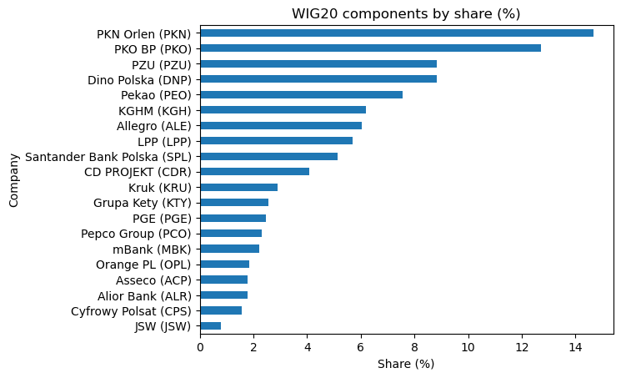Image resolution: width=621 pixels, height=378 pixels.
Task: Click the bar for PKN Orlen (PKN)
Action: [x=397, y=33]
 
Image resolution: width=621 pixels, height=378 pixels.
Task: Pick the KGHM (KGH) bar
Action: [x=283, y=110]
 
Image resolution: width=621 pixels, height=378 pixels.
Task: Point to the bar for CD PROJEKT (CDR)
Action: [x=254, y=172]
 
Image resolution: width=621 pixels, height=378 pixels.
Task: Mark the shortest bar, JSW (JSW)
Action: [x=210, y=325]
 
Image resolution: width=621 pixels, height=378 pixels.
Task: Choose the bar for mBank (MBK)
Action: [x=229, y=249]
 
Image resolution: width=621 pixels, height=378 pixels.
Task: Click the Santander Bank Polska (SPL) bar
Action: [x=268, y=156]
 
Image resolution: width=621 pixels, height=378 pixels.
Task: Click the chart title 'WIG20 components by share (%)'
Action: [x=406, y=14]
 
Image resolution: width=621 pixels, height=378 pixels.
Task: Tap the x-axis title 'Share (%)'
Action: [x=406, y=364]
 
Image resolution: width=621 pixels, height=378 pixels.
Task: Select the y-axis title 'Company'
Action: [x=14, y=179]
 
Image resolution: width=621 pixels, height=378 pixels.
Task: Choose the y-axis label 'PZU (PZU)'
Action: [x=161, y=64]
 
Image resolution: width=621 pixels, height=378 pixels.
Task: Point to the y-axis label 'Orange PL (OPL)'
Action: [x=143, y=265]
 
